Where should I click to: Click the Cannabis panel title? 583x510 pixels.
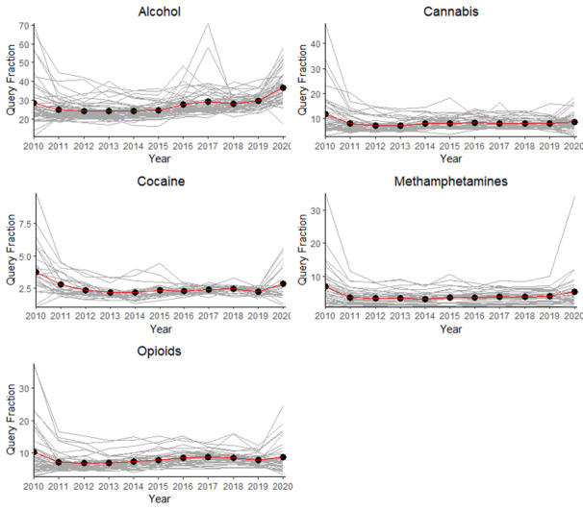448,12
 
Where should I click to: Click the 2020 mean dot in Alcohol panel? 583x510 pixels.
281,88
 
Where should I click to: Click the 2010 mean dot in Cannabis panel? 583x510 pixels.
326,114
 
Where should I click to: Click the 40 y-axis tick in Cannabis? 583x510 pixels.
316,40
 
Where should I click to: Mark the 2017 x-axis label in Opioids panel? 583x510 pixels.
207,487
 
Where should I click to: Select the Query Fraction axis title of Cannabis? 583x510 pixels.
300,80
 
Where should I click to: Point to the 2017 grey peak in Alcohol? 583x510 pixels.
207,25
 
